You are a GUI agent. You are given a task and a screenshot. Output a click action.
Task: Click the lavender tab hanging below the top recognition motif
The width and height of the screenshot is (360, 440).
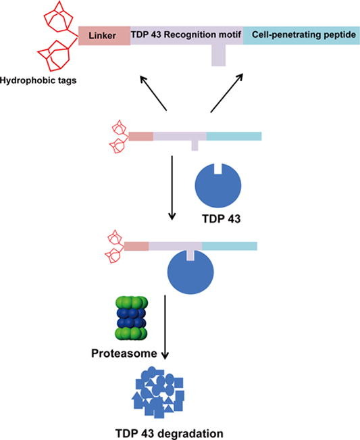(x=217, y=55)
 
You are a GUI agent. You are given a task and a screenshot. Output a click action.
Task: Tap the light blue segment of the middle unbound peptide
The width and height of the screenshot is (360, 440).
(x=233, y=136)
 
